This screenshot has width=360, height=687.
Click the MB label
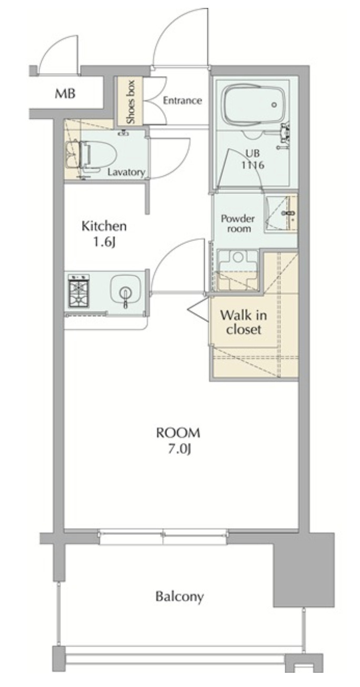click(x=65, y=94)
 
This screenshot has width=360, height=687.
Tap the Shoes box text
click(x=131, y=102)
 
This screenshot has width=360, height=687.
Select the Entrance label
click(x=182, y=100)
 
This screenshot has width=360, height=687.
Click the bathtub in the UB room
click(x=254, y=103)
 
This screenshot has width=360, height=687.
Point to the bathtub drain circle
click(x=274, y=105)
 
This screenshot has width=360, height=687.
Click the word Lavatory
click(x=126, y=173)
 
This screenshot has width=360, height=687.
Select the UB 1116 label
click(x=253, y=159)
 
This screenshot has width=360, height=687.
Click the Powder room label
click(x=238, y=224)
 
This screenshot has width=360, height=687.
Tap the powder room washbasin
click(x=281, y=213)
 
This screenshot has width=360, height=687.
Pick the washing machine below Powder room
click(x=237, y=270)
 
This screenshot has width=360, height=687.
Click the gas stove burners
click(x=79, y=290)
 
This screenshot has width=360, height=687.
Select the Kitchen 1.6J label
click(x=104, y=234)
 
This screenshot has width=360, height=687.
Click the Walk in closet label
click(x=243, y=322)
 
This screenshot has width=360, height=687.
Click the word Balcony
click(x=179, y=597)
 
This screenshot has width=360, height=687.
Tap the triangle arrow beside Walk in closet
click(x=198, y=310)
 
